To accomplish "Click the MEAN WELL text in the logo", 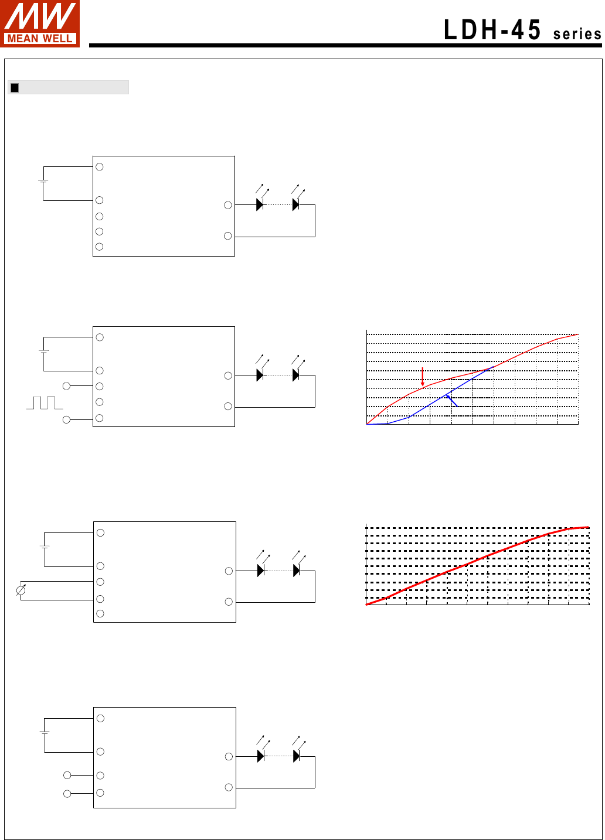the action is point(39,39).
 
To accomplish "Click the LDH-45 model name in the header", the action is point(492,30).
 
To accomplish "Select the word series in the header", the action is point(577,34).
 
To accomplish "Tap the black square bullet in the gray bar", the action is point(15,87).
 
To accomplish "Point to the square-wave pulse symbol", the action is point(45,402).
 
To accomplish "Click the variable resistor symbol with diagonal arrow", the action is point(21,590).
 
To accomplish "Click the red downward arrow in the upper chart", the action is point(423,377).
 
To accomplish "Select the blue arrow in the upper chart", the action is point(452,401).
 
